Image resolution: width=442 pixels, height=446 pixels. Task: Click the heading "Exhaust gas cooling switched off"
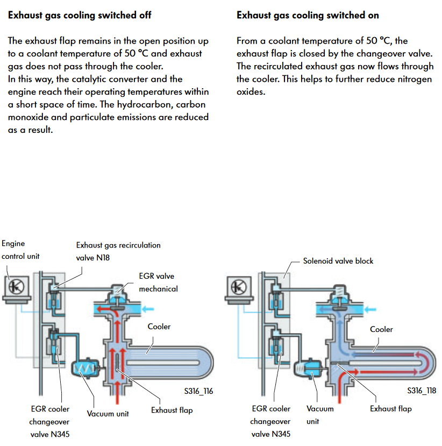[x=80, y=15]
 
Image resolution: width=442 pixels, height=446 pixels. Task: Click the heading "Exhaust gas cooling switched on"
[x=308, y=15]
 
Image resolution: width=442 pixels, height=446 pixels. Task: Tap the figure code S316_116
[x=197, y=391]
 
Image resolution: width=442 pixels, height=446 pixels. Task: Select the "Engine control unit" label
[x=20, y=250]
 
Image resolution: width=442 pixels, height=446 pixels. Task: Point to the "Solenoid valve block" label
[x=338, y=261]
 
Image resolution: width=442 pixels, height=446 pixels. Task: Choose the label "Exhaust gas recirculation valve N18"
[x=118, y=251]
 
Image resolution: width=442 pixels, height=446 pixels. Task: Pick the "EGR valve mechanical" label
[x=158, y=282]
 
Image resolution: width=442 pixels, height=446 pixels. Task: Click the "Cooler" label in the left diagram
[x=159, y=327]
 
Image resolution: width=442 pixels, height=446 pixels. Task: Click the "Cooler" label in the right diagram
[x=381, y=329]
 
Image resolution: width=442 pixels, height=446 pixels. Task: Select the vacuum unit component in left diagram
[x=84, y=369]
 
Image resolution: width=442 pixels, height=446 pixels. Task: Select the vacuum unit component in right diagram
[x=308, y=369]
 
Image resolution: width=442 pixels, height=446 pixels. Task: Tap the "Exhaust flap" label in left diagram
[x=172, y=410]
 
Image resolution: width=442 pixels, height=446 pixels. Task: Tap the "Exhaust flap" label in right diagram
[x=390, y=408]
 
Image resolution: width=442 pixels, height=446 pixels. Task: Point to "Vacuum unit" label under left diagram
[x=108, y=414]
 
